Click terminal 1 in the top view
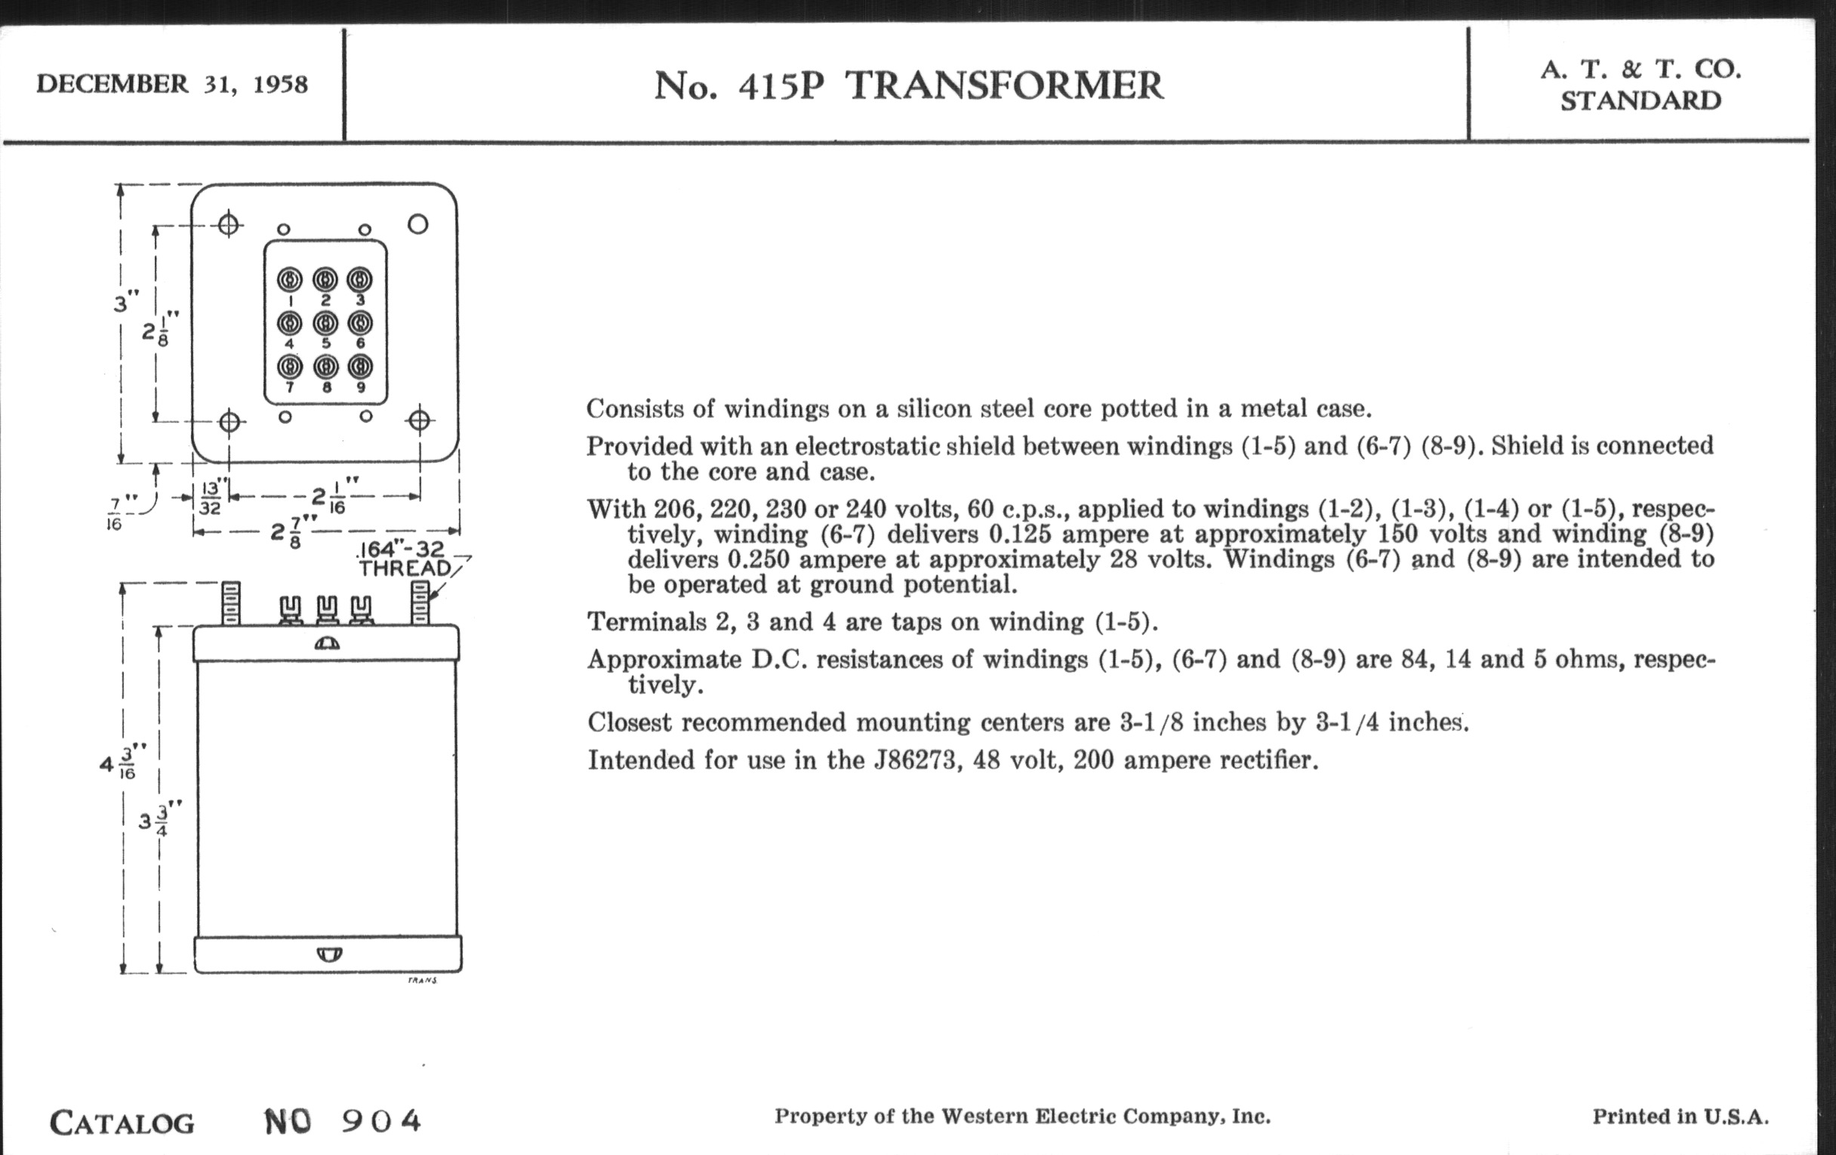coord(290,281)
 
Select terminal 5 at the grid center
coord(325,324)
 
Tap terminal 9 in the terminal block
coord(360,368)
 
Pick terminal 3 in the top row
coord(360,281)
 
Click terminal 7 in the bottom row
coord(290,368)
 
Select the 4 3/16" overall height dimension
coord(119,762)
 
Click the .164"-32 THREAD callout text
coord(404,559)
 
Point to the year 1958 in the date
coord(280,84)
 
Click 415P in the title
coord(781,85)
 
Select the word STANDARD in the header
coord(1640,101)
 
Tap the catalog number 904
coord(380,1120)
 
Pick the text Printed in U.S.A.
coord(1680,1117)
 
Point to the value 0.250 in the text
coord(758,559)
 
